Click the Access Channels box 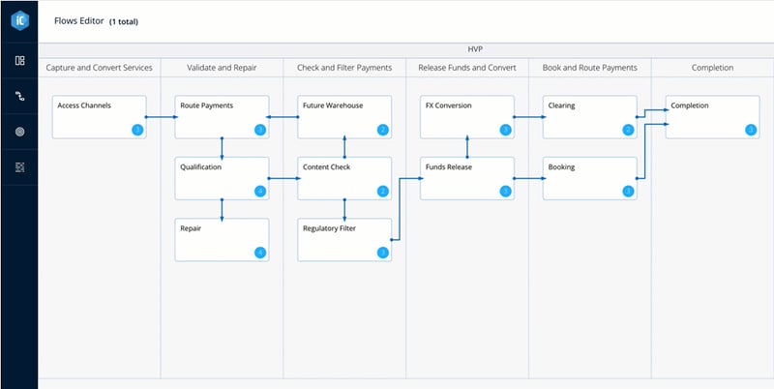tap(99, 116)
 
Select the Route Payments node tap(222, 116)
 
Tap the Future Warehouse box tap(343, 116)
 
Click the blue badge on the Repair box tap(259, 253)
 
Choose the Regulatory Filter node tap(343, 239)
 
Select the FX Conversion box tap(467, 116)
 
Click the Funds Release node tap(467, 178)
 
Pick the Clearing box tap(589, 116)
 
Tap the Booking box tap(589, 178)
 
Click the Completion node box tap(712, 116)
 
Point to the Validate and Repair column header tap(222, 68)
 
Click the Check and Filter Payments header tap(344, 68)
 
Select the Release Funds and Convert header tap(467, 68)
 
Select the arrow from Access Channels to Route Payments tap(161, 116)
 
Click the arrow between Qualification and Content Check tap(283, 178)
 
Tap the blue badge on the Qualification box tap(259, 191)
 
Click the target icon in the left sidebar tap(18, 131)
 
